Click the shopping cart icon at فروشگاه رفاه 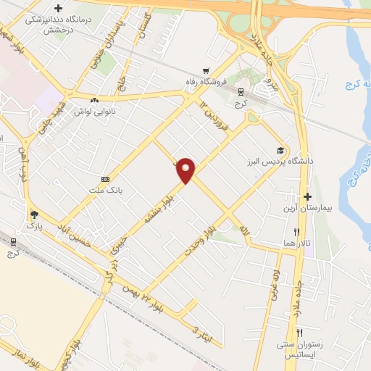[x=207, y=71]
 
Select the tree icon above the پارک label [x=34, y=214]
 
